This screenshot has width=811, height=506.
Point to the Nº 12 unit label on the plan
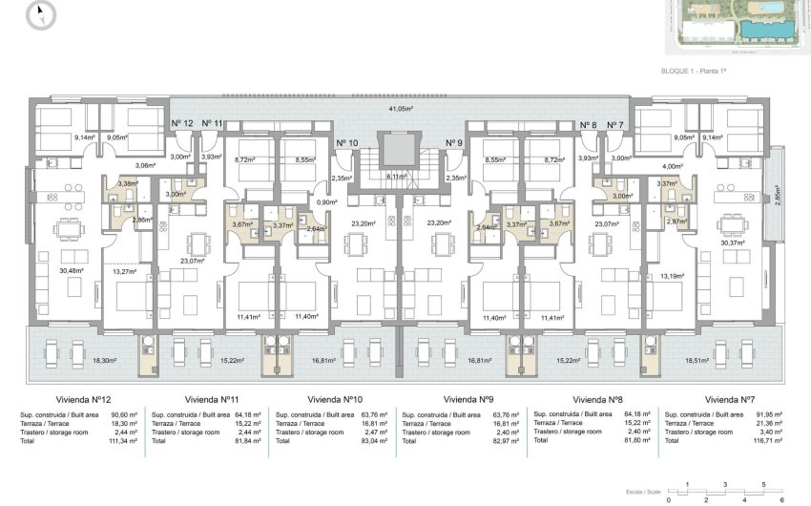point(181,124)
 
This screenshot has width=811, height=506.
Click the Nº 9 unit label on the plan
point(453,143)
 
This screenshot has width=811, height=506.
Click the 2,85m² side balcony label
point(778,198)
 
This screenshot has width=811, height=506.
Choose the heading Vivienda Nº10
point(334,399)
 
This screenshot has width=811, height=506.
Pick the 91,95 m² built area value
point(769,415)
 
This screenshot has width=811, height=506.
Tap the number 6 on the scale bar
point(780,498)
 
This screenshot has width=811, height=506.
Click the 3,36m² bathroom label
point(127,183)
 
